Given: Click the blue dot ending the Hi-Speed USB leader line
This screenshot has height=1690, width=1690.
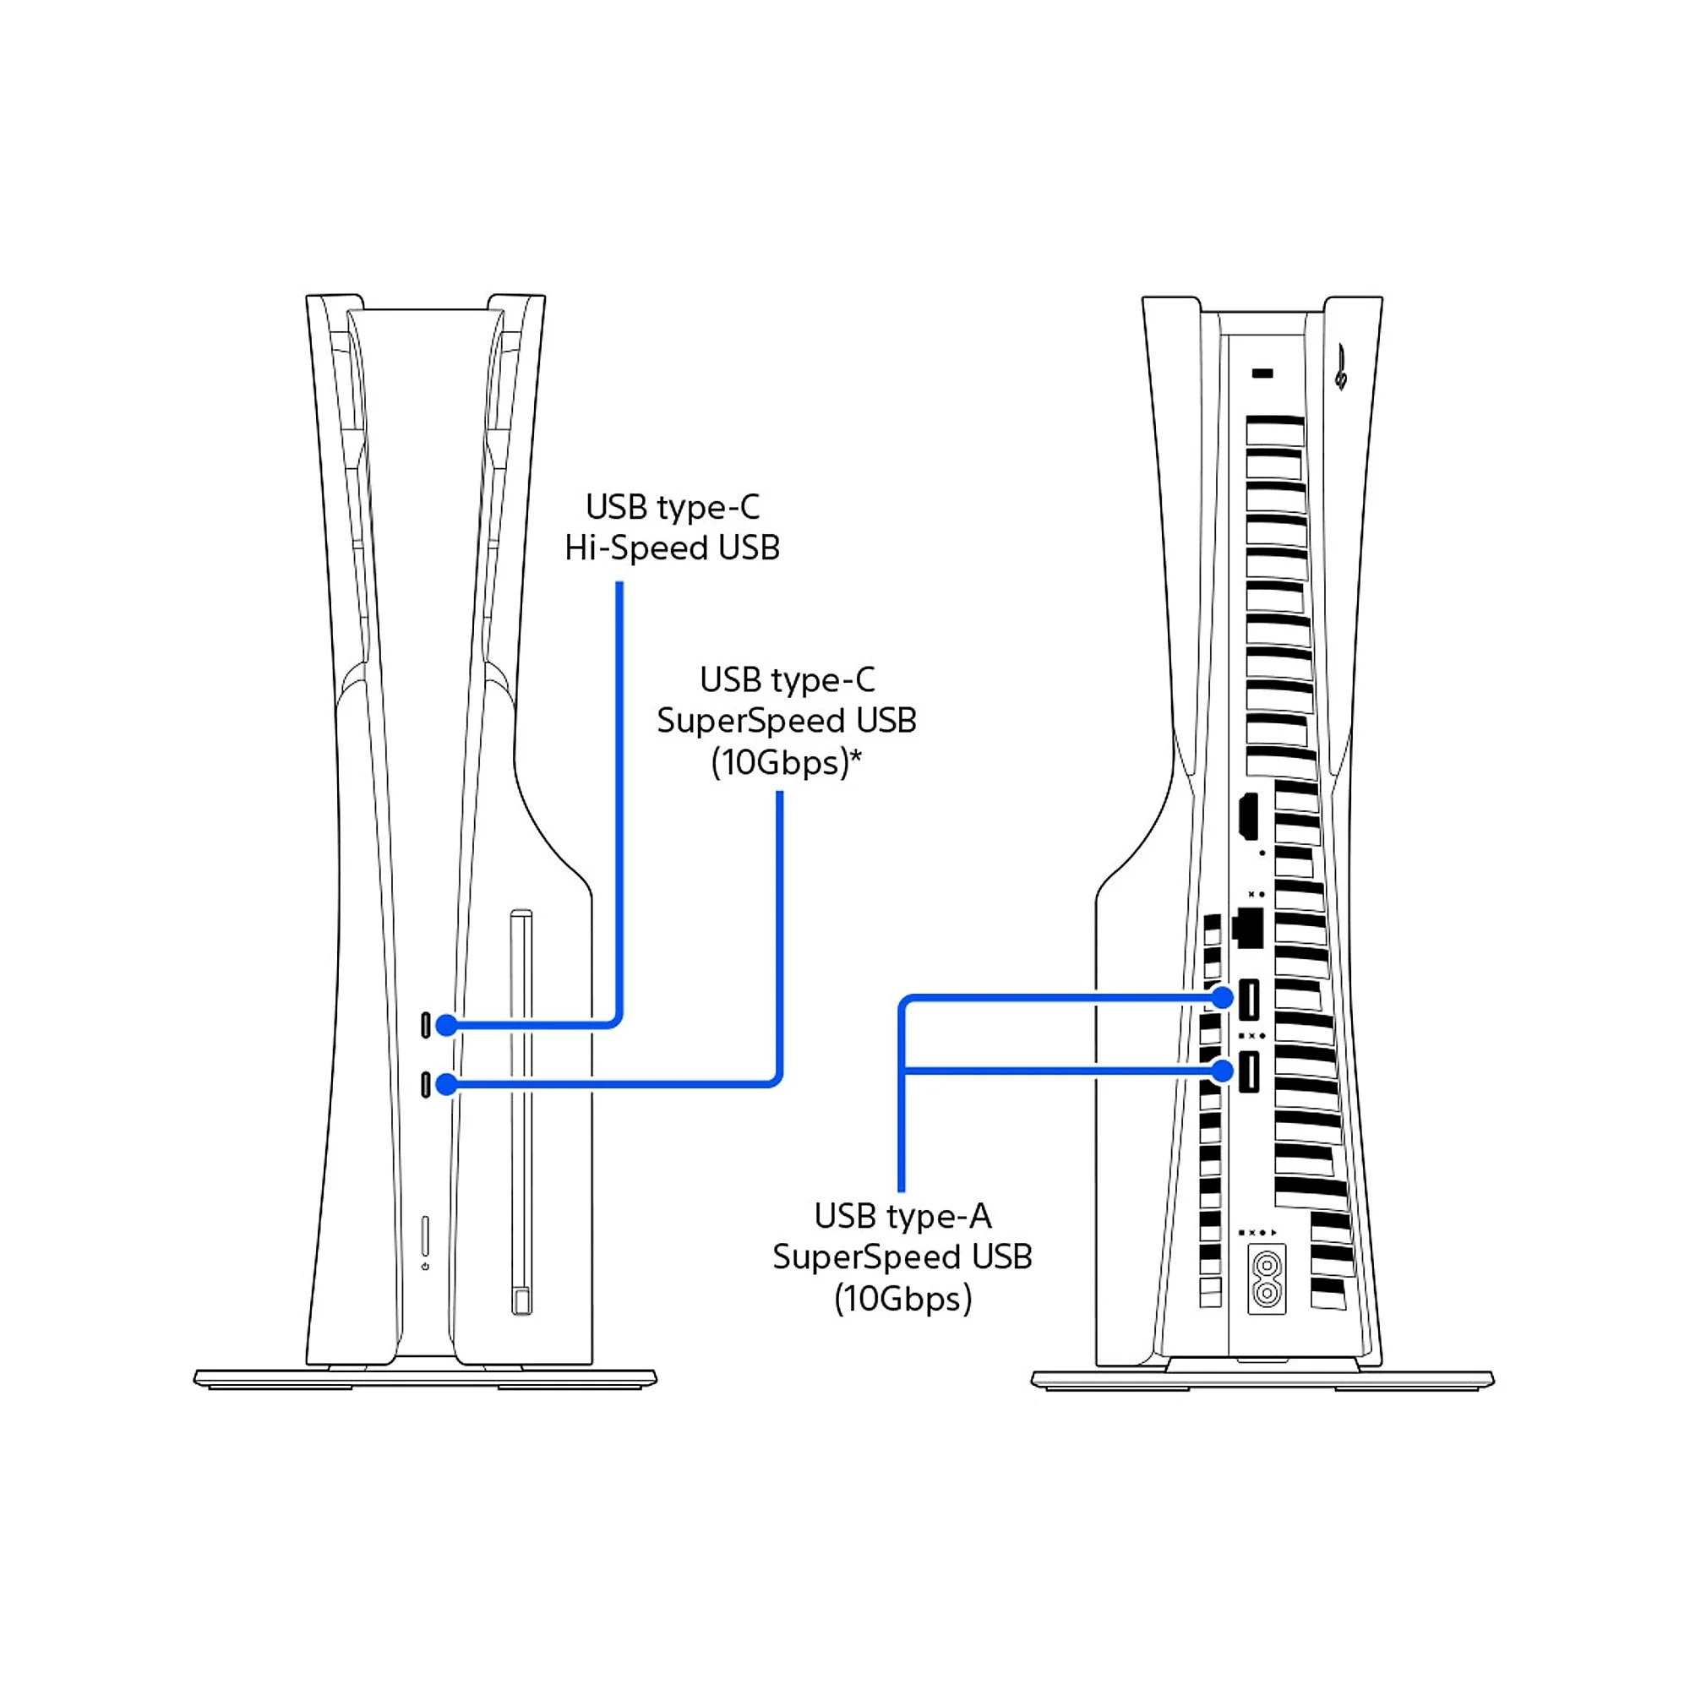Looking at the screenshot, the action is point(447,1025).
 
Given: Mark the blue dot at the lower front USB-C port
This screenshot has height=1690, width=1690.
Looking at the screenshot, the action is point(447,1085).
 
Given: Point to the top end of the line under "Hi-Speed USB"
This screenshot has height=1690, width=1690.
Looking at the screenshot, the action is point(619,582).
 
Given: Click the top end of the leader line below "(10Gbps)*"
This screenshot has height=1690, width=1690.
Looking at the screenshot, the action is point(779,793).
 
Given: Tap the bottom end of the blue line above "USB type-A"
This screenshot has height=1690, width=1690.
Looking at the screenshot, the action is point(902,1190).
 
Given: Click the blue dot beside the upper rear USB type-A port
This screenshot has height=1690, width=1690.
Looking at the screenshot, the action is point(1222,997).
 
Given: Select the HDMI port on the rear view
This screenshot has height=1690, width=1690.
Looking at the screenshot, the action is point(1248,816).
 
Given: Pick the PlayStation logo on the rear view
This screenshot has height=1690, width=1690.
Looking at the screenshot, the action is point(1341,368).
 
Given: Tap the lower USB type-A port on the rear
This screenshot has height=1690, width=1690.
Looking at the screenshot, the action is point(1249,1071).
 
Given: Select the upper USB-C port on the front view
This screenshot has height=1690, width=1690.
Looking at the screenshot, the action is point(426,1025).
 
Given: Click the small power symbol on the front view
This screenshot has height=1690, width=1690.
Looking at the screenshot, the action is point(425,1267).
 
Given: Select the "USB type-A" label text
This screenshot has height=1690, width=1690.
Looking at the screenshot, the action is point(902,1217).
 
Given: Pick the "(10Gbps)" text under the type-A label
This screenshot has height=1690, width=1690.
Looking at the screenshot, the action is point(902,1299).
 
